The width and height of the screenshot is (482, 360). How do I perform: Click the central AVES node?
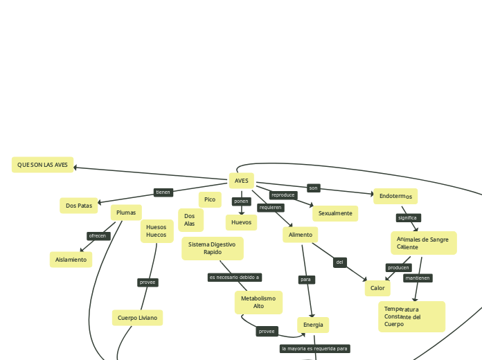(241, 181)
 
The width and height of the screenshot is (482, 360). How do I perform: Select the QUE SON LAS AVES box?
(42, 165)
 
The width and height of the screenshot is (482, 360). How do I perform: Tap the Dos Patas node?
(79, 206)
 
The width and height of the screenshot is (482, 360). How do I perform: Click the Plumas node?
(126, 213)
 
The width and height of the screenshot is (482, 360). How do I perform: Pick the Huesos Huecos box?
(157, 231)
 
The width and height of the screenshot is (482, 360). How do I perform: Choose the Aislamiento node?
(71, 260)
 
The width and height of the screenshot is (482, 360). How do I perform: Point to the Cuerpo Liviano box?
(137, 318)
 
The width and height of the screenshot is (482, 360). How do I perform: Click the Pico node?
(210, 199)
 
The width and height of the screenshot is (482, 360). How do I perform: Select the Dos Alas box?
(190, 220)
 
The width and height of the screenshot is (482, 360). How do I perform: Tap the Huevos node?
(241, 222)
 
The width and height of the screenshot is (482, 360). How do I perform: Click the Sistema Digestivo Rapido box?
(213, 248)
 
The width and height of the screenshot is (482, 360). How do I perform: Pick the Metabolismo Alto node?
(258, 302)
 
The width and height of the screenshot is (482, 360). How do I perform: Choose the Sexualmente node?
(335, 213)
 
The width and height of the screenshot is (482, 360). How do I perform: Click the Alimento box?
(300, 235)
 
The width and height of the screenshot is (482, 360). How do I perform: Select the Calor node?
(377, 288)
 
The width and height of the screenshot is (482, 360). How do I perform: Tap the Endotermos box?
(395, 197)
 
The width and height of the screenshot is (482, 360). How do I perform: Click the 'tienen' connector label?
(163, 192)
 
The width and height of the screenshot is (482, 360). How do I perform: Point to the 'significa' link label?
(407, 217)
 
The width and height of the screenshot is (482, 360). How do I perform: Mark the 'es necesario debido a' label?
(235, 277)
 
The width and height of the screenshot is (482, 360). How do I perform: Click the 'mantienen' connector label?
(418, 278)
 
